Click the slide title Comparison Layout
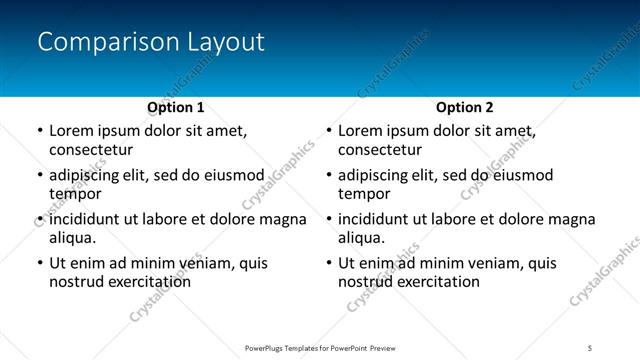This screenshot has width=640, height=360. [x=151, y=42]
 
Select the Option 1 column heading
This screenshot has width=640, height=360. [x=176, y=107]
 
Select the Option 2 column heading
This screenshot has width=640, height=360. [x=465, y=107]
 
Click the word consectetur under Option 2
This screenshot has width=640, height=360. [x=380, y=150]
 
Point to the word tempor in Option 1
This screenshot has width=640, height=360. [x=73, y=194]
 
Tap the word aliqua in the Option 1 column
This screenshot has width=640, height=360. [x=72, y=238]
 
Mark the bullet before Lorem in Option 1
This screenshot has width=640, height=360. [x=39, y=131]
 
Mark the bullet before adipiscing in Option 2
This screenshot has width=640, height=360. [x=328, y=175]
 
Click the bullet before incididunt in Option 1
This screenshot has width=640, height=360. [x=39, y=219]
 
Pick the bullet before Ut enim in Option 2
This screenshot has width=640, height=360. [x=328, y=263]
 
